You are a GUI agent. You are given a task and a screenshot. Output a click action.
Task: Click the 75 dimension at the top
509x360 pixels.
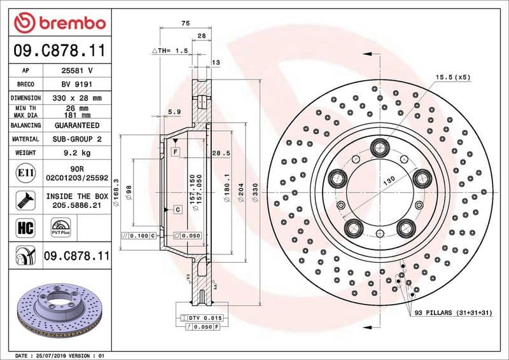click(x=185, y=23)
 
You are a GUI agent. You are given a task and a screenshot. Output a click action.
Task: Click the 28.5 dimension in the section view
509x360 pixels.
click(x=220, y=153)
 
